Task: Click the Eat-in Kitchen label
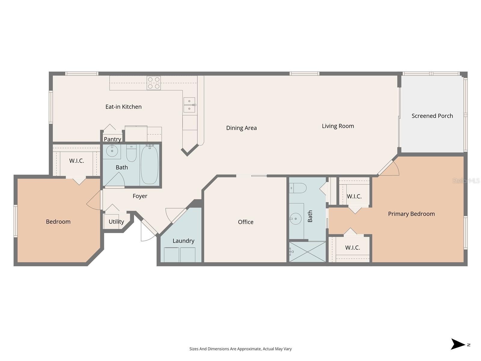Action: pyautogui.click(x=123, y=107)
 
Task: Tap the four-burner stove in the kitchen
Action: pyautogui.click(x=154, y=83)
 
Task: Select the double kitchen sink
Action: pyautogui.click(x=189, y=105)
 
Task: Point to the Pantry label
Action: pyautogui.click(x=112, y=139)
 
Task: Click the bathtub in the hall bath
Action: pyautogui.click(x=149, y=165)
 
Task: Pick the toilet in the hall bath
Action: pyautogui.click(x=131, y=153)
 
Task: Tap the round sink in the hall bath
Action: pyautogui.click(x=112, y=151)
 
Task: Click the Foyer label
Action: pyautogui.click(x=140, y=196)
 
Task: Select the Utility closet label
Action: pyautogui.click(x=116, y=222)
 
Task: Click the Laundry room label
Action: pyautogui.click(x=183, y=241)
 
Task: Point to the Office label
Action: pyautogui.click(x=246, y=222)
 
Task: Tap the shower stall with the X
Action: pyautogui.click(x=308, y=252)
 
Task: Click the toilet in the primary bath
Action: pyautogui.click(x=298, y=188)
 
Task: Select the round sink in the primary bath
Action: pyautogui.click(x=296, y=219)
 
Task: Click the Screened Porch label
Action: pyautogui.click(x=432, y=116)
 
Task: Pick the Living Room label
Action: pyautogui.click(x=338, y=126)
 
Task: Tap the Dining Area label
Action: pyautogui.click(x=241, y=128)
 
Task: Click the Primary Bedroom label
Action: pyautogui.click(x=411, y=214)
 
